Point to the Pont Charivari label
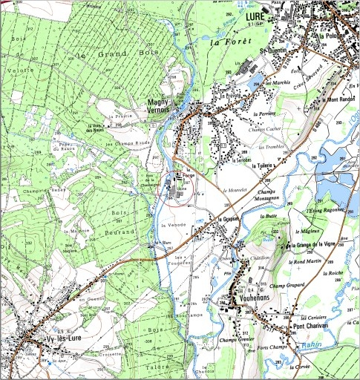tap(309, 326)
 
